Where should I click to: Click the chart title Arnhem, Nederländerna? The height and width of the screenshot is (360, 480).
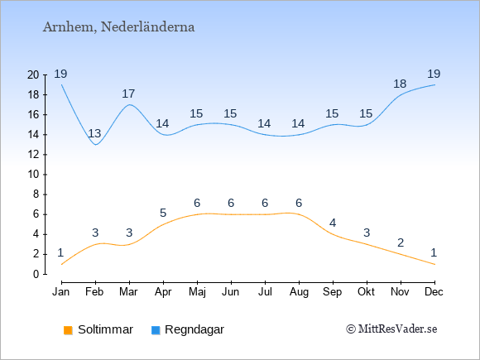coord(119,27)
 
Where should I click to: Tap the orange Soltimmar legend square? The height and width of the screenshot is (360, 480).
coord(68,330)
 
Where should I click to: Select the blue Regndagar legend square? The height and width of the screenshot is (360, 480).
coord(156,330)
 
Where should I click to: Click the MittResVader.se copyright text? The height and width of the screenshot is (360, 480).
coord(391,329)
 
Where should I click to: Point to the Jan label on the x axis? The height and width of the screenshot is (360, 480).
coord(61,292)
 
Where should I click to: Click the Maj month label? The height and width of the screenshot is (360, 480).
coord(197,292)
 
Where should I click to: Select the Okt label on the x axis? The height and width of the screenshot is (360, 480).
coord(366,292)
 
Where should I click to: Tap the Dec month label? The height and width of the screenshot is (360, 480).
coord(434,292)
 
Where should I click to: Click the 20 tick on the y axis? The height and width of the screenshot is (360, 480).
coord(33,74)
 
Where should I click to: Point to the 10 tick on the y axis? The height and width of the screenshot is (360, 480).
coord(33,175)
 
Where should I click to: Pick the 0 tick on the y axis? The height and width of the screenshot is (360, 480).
coord(36,274)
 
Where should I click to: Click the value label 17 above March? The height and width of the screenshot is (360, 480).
coord(128,94)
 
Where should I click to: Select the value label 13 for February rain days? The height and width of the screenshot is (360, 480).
coord(94,133)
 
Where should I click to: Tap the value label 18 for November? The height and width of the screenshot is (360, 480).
coord(400,84)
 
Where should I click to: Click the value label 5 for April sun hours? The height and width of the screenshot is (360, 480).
coord(163,213)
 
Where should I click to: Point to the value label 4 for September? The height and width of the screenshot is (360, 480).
coord(333,223)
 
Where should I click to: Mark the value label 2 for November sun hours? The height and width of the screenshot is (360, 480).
coord(401,242)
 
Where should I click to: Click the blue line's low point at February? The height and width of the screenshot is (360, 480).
coord(96,145)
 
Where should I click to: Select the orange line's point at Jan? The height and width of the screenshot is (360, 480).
coord(62,264)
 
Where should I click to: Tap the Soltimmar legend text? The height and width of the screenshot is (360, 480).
coord(105,329)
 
